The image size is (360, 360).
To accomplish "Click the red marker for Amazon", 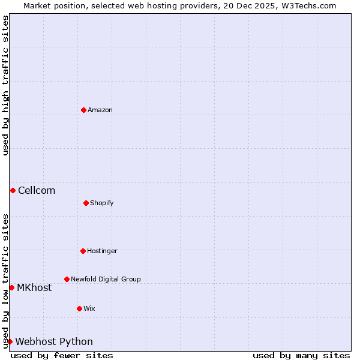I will click(83, 110).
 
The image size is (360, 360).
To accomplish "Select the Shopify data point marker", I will click(86, 203).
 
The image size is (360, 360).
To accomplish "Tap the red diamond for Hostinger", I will click(83, 251).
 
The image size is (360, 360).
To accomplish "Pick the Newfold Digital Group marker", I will click(67, 279).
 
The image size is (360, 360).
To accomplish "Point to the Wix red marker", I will click(79, 308).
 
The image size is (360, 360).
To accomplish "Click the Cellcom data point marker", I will click(13, 190).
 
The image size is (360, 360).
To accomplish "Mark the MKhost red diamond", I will click(11, 287).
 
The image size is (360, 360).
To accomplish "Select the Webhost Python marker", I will click(10, 341).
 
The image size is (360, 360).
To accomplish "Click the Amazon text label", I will click(100, 110).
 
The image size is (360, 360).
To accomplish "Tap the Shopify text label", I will click(102, 203).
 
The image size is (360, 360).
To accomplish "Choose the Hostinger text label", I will click(102, 251).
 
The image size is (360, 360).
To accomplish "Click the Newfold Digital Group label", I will click(106, 279).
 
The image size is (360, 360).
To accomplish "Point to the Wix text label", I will click(89, 308).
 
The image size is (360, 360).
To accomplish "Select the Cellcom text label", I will click(37, 190).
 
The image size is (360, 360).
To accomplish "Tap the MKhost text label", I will click(34, 287).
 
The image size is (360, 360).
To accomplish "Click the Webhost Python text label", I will click(54, 341).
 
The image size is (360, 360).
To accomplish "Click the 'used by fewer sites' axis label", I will click(62, 355).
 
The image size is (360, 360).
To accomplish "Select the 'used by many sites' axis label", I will click(301, 355).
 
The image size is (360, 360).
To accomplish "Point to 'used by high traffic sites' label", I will click(5, 85).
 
